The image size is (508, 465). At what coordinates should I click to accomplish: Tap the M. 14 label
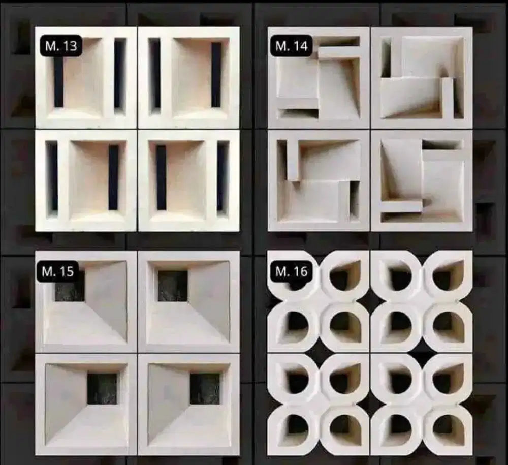pyautogui.click(x=292, y=46)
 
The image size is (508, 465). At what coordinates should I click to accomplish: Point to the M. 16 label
pyautogui.click(x=292, y=271)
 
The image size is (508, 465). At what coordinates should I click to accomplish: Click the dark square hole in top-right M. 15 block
pyautogui.click(x=173, y=286)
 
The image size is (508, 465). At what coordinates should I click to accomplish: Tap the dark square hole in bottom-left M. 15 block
pyautogui.click(x=102, y=389)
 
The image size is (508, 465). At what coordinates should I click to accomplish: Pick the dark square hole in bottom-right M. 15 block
pyautogui.click(x=205, y=389)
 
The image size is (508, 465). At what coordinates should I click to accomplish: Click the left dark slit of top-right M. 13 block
pyautogui.click(x=155, y=75)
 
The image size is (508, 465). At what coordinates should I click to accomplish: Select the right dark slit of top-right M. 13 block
pyautogui.click(x=216, y=75)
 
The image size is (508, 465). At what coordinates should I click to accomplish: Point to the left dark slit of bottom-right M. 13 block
pyautogui.click(x=161, y=177)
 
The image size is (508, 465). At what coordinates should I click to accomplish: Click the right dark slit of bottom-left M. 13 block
pyautogui.click(x=113, y=177)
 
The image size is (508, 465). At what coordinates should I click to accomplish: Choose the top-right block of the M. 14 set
pyautogui.click(x=422, y=77)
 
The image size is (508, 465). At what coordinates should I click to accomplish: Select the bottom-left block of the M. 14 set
pyautogui.click(x=319, y=180)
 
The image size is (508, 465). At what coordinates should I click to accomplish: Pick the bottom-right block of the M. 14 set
pyautogui.click(x=422, y=180)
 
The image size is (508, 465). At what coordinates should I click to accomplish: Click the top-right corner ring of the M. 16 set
pyautogui.click(x=448, y=275)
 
